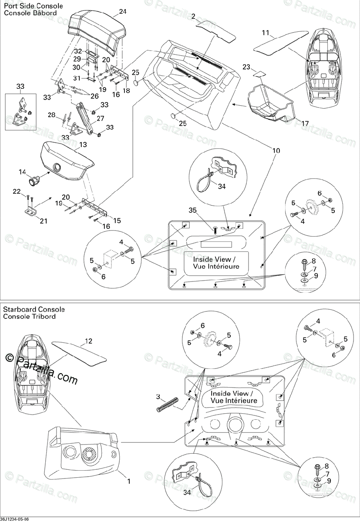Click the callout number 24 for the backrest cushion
point(110,11)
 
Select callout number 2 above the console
point(193,17)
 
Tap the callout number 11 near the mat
point(266,33)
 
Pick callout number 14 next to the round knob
point(22,172)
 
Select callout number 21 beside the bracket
point(44,221)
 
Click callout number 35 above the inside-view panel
point(192,211)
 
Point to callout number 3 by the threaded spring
point(159,396)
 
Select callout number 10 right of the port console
point(277,151)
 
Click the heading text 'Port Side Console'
point(33,6)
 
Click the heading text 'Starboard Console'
point(34,309)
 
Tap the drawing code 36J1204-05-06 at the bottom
point(15,519)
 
